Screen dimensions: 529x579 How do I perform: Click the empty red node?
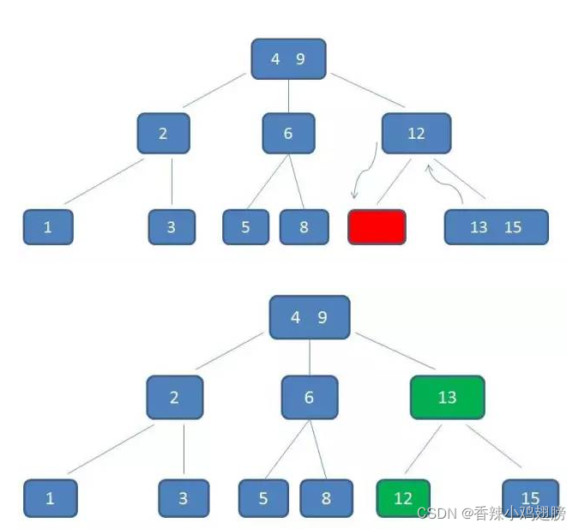pyautogui.click(x=377, y=227)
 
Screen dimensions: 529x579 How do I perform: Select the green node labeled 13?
pyautogui.click(x=447, y=398)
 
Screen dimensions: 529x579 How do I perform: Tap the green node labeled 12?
pyautogui.click(x=403, y=498)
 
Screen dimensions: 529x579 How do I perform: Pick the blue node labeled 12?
pyautogui.click(x=416, y=134)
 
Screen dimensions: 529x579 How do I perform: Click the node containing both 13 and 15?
pyautogui.click(x=496, y=227)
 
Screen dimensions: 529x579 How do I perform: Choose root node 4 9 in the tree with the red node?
pyautogui.click(x=288, y=59)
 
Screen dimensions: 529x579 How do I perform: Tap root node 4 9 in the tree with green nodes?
pyautogui.click(x=309, y=317)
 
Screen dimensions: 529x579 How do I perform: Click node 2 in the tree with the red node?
pyautogui.click(x=163, y=134)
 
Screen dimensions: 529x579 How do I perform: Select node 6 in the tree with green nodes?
pyautogui.click(x=309, y=398)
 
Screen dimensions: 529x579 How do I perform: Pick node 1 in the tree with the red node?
pyautogui.click(x=48, y=227)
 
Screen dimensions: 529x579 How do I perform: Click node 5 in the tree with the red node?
pyautogui.click(x=245, y=227)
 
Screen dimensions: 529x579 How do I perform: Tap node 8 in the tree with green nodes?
pyautogui.click(x=326, y=498)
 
